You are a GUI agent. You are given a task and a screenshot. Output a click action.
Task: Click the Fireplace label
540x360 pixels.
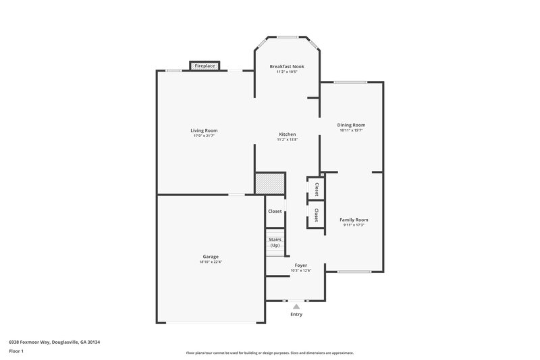tap(205, 66)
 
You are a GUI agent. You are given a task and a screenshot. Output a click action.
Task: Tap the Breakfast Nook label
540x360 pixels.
tap(287, 66)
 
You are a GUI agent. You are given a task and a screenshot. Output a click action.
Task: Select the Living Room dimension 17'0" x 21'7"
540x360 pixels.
tap(204, 136)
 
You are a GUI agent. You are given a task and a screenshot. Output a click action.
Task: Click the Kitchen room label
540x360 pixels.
tap(288, 134)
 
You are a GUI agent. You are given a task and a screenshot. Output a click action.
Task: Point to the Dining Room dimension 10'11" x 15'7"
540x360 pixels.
tap(351, 130)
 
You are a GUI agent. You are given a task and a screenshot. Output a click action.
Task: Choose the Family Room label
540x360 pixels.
tap(354, 220)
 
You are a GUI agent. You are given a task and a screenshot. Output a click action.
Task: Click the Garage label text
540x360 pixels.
tap(211, 257)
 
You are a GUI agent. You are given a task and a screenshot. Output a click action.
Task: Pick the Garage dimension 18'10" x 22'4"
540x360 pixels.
tap(211, 262)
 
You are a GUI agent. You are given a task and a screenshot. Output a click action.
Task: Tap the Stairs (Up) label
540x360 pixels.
tap(275, 242)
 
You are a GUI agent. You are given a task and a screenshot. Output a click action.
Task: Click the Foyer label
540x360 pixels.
tap(301, 265)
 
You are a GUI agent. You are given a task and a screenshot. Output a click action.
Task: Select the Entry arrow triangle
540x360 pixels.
tap(296, 306)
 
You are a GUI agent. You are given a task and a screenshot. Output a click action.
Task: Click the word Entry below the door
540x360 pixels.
tap(296, 314)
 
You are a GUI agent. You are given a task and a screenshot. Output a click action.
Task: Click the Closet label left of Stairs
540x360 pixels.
tap(275, 211)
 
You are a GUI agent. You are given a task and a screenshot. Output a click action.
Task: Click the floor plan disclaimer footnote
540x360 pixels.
tap(269, 353)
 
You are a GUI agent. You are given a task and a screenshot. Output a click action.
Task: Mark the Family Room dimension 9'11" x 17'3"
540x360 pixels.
tap(354, 225)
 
